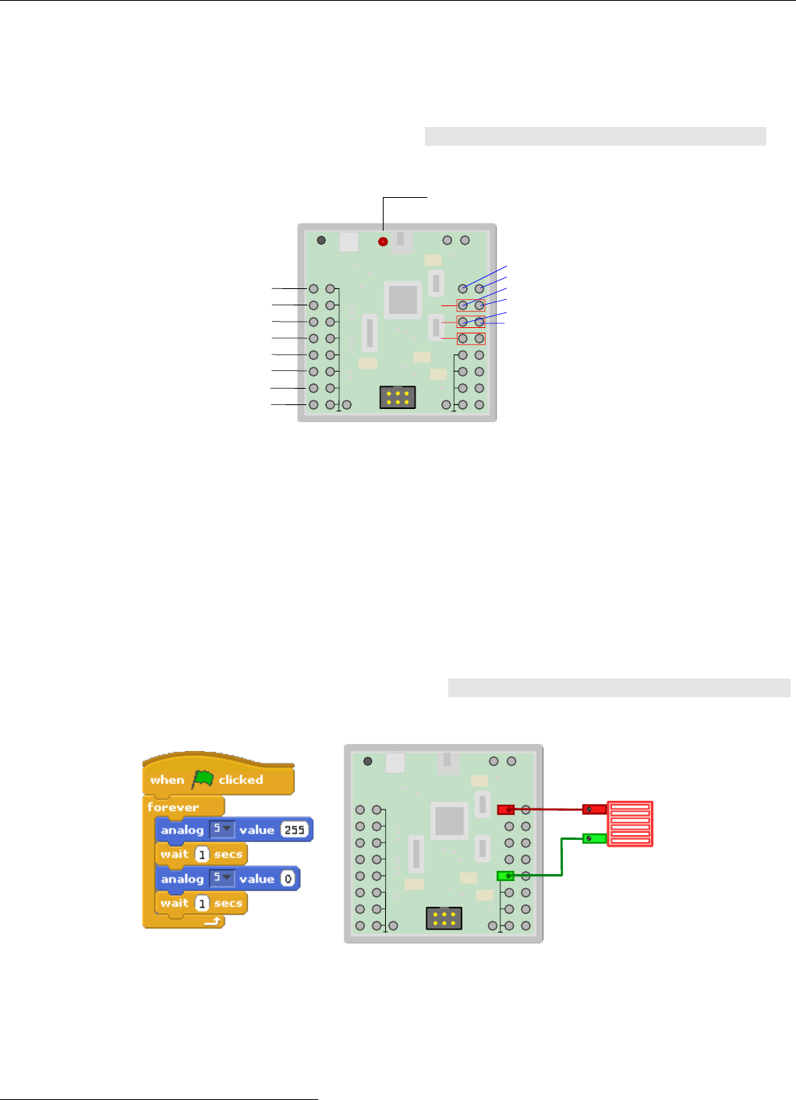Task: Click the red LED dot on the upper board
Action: click(383, 242)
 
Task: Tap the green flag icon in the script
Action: click(203, 779)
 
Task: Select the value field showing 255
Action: click(295, 830)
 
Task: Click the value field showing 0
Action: click(288, 879)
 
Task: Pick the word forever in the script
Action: click(173, 807)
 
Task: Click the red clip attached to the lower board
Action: click(506, 809)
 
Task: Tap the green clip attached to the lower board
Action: click(506, 876)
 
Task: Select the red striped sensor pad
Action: click(630, 823)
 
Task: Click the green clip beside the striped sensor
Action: click(594, 838)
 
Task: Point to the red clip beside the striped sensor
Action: click(594, 809)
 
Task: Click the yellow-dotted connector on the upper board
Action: click(398, 397)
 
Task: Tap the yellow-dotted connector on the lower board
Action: click(444, 918)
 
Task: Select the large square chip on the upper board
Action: click(403, 300)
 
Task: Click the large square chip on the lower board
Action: click(449, 820)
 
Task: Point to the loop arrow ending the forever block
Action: click(213, 922)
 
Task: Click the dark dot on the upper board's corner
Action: click(321, 240)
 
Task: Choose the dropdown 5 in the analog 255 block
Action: click(222, 829)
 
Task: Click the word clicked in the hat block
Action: click(241, 779)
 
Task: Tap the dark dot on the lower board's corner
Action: click(367, 761)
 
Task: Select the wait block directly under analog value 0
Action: click(201, 904)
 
